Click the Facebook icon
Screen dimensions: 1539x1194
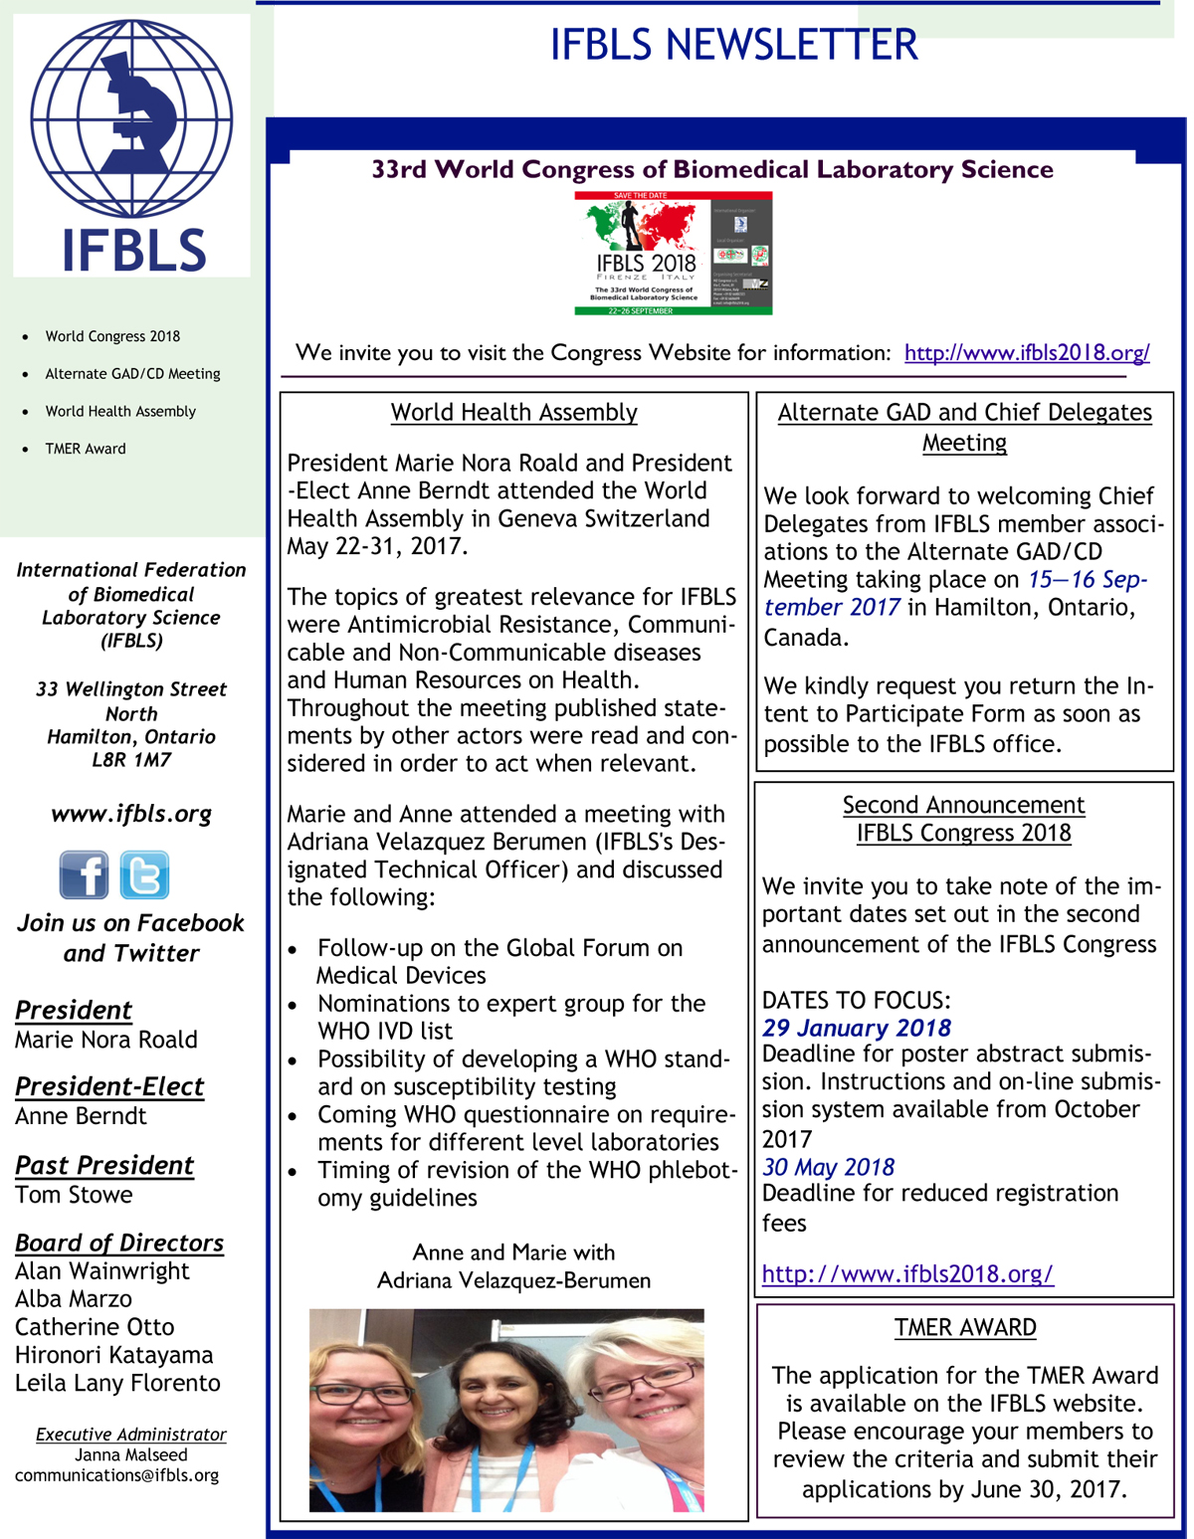(84, 875)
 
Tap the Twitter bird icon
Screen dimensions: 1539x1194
(144, 875)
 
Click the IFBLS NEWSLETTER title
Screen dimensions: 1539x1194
(733, 45)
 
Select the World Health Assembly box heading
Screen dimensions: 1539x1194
(513, 412)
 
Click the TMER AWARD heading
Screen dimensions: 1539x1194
(965, 1327)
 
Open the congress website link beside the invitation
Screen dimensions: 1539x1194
(1027, 353)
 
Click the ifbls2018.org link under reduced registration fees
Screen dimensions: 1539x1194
(907, 1273)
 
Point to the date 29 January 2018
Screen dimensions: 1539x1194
(857, 1028)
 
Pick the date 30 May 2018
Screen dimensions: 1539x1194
(828, 1167)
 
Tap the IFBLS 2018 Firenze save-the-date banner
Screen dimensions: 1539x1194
(673, 254)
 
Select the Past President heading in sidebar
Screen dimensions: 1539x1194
(104, 1165)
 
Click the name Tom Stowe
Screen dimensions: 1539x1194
(74, 1195)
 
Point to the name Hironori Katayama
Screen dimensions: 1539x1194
(113, 1355)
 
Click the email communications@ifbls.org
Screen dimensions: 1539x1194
(116, 1475)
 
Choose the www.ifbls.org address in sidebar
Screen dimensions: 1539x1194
(131, 814)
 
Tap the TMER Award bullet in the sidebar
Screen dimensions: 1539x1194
(86, 449)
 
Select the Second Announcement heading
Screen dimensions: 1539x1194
(963, 805)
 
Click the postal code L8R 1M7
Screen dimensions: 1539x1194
(131, 760)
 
